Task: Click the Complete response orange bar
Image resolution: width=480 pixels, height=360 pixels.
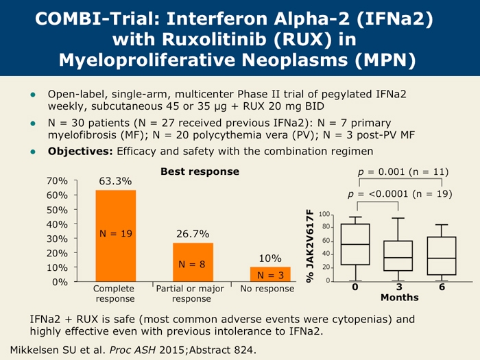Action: point(115,235)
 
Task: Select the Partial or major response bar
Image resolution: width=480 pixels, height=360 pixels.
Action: point(193,262)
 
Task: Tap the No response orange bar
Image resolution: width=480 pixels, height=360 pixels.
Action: point(270,274)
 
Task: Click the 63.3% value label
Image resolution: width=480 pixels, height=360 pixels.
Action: point(115,181)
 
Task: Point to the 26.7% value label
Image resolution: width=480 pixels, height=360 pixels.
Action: point(193,234)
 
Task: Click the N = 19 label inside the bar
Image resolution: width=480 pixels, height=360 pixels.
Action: point(115,233)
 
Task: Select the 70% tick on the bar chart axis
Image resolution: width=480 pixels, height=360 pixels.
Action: point(57,181)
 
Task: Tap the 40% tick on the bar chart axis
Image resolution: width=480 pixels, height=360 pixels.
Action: point(57,224)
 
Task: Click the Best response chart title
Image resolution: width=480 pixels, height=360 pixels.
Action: point(200,171)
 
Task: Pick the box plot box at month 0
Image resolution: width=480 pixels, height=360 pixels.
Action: point(355,244)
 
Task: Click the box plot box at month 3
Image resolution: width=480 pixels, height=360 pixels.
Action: point(398,255)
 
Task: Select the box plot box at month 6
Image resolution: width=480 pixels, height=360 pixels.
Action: point(442,256)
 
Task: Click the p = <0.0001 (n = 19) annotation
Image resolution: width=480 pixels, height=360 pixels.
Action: point(400,194)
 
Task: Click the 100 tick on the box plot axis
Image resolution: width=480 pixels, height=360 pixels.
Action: point(325,215)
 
